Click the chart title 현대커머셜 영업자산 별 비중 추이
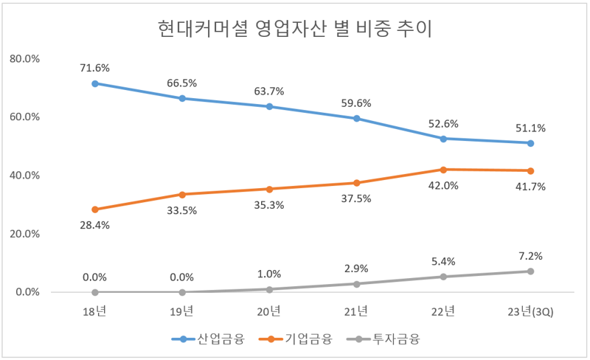click(x=295, y=30)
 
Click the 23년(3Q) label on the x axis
click(x=531, y=311)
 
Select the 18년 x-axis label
click(x=94, y=311)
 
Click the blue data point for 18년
click(x=94, y=83)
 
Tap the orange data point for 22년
click(x=444, y=170)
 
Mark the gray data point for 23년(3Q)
click(x=531, y=271)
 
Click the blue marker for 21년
click(x=357, y=118)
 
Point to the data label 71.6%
click(x=94, y=68)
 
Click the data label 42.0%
click(x=444, y=186)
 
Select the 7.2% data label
click(x=531, y=256)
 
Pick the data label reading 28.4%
click(x=94, y=225)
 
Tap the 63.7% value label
click(x=269, y=91)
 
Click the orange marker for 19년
click(x=182, y=195)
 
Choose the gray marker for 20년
click(x=269, y=289)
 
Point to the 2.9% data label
click(x=357, y=269)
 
